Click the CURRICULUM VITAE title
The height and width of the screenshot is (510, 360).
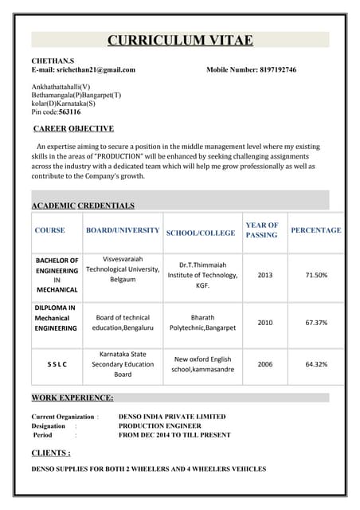(x=180, y=41)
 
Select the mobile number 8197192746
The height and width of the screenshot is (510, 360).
(x=278, y=70)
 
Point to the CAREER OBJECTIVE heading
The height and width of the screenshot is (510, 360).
(x=73, y=128)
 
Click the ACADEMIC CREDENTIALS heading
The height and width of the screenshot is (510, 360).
(x=83, y=206)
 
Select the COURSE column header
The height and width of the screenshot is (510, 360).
(x=49, y=230)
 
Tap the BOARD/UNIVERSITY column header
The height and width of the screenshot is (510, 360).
(x=123, y=230)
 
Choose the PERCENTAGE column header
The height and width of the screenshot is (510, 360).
(x=315, y=230)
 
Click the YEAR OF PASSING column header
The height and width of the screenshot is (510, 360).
(x=261, y=230)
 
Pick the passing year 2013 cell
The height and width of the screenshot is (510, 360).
(x=265, y=275)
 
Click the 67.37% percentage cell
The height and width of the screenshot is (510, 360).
(x=316, y=323)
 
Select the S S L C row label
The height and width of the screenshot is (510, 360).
(x=57, y=364)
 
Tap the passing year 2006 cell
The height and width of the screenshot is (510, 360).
(x=265, y=364)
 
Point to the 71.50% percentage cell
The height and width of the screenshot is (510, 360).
(x=316, y=275)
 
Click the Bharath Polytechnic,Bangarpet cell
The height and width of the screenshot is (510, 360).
(x=202, y=323)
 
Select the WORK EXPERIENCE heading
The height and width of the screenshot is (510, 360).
(x=72, y=398)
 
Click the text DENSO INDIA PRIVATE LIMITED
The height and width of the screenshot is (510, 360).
(x=172, y=417)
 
